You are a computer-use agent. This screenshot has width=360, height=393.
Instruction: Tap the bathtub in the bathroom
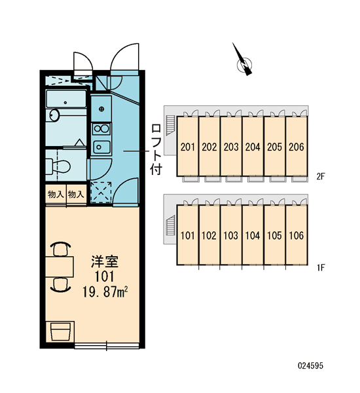(x=66, y=99)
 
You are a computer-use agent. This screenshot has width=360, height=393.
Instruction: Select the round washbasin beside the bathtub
(x=54, y=115)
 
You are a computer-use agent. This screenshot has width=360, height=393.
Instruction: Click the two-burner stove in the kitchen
(x=101, y=129)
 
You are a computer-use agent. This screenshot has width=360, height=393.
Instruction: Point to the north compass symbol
(x=243, y=61)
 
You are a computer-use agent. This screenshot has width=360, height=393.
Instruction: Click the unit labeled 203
(x=231, y=147)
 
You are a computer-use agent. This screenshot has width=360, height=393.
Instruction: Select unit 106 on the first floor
(x=297, y=235)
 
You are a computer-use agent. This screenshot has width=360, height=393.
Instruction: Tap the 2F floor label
(x=321, y=177)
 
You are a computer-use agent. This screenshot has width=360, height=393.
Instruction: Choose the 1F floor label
(x=321, y=268)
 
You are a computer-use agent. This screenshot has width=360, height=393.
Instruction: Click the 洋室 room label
(x=105, y=261)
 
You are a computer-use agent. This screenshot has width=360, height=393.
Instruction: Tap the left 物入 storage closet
(x=56, y=195)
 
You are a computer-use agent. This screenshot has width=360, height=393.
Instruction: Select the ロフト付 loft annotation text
(x=156, y=149)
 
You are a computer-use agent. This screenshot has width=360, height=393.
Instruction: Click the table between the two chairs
(x=60, y=267)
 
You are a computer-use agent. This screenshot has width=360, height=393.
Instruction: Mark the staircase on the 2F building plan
(x=171, y=125)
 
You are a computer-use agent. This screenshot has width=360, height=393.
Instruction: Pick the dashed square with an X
(x=101, y=192)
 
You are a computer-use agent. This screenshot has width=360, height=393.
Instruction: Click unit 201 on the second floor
(x=188, y=147)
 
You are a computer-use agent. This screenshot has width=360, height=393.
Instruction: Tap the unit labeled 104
(x=253, y=235)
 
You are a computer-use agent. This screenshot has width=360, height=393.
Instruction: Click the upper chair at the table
(x=60, y=249)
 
